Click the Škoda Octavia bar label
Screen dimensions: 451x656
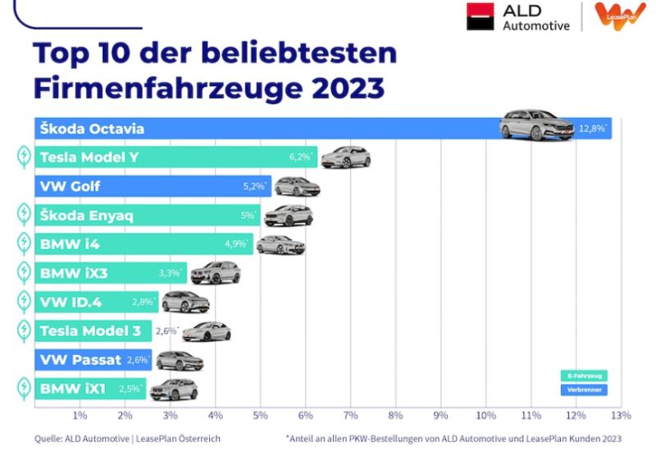[92, 129]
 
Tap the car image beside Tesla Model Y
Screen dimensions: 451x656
[345, 157]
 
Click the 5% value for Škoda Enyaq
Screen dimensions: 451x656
[248, 216]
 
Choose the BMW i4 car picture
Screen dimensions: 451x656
[280, 244]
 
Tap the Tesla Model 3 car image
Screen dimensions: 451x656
[207, 331]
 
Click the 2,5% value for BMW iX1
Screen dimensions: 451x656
[130, 389]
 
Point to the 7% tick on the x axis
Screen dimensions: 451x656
[351, 416]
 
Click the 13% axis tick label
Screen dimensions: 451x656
[621, 416]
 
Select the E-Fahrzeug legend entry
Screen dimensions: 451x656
[583, 376]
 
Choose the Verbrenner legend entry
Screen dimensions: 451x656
[583, 389]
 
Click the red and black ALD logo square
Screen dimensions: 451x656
[481, 17]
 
